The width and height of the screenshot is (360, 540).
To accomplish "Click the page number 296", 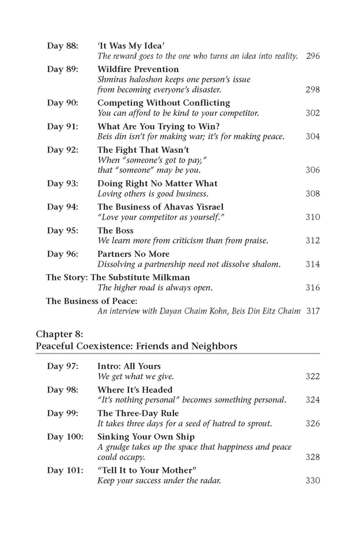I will [313, 56].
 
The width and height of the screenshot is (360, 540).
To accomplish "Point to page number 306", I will [313, 170].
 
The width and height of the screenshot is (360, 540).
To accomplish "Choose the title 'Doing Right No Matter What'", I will [157, 183].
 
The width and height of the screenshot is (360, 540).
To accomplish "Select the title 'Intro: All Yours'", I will [129, 366].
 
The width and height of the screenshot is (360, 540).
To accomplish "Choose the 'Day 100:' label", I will [64, 436].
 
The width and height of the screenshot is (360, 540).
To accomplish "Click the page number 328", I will [313, 457].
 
